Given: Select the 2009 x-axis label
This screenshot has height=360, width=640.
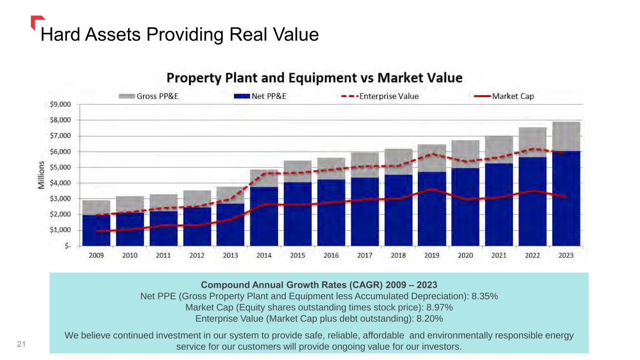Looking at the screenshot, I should click(96, 255).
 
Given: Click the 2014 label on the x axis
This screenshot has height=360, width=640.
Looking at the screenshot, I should click(264, 255).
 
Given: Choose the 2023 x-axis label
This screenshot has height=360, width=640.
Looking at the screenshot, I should click(566, 255).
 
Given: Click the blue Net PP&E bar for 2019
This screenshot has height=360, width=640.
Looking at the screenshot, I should click(432, 211).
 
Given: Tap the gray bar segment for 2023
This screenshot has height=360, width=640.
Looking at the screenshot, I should click(566, 136).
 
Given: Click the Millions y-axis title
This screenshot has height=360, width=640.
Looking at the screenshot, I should click(42, 175).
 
